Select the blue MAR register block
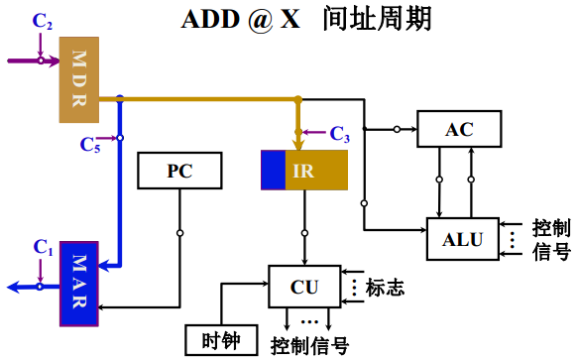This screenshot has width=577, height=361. click(79, 284)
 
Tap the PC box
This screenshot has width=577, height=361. click(179, 171)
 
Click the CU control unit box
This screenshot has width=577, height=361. click(303, 287)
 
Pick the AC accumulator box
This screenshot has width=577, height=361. click(459, 129)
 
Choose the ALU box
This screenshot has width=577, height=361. click(463, 238)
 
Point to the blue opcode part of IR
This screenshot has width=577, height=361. click(273, 170)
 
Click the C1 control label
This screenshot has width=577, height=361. click(42, 245)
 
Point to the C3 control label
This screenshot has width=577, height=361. click(339, 132)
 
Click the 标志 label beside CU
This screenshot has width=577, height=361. click(385, 288)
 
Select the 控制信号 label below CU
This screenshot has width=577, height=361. click(309, 345)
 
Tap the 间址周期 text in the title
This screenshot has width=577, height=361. click(371, 20)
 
